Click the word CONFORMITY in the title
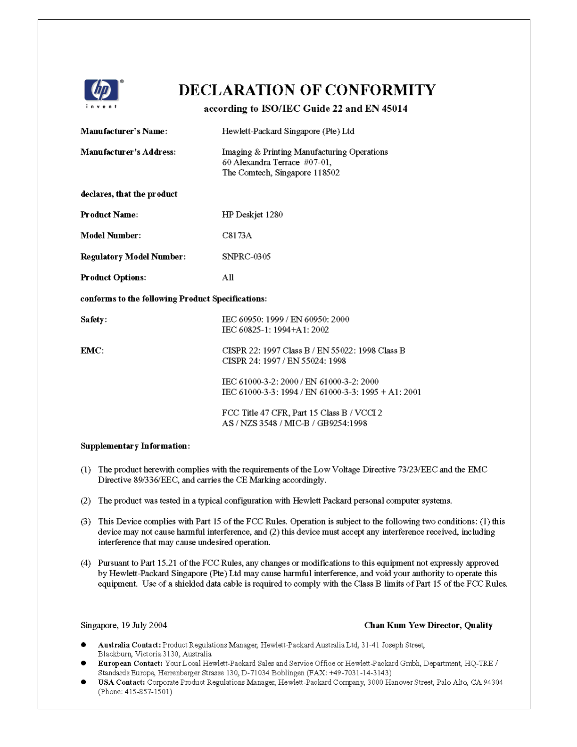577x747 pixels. [x=380, y=90]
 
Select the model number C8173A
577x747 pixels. [x=237, y=235]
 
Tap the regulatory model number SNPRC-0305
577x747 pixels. [x=246, y=257]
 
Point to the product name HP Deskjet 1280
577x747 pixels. [x=252, y=215]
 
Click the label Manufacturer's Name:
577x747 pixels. [x=124, y=131]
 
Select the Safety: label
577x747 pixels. [x=94, y=319]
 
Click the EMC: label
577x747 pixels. [x=92, y=350]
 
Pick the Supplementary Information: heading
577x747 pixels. [x=135, y=446]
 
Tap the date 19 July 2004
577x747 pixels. [x=144, y=625]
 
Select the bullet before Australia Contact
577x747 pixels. [x=83, y=644]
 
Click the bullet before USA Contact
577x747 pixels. [x=83, y=682]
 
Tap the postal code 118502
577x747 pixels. [x=327, y=173]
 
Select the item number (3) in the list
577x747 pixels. [x=86, y=522]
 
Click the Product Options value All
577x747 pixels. [x=228, y=277]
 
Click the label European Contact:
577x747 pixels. [x=130, y=664]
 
